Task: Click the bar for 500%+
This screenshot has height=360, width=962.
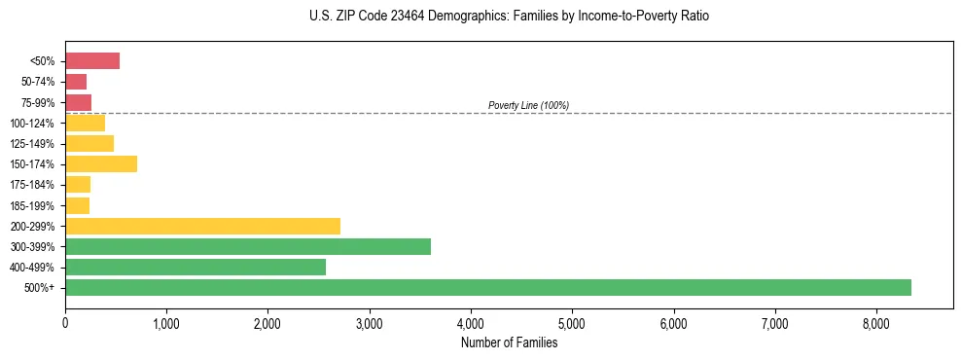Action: click(488, 287)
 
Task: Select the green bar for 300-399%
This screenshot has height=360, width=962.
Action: click(248, 246)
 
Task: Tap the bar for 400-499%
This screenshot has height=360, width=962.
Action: click(196, 267)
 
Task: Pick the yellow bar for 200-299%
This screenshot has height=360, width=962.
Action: click(202, 226)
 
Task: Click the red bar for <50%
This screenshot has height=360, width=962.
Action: click(92, 61)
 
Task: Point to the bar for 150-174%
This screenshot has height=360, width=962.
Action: click(101, 163)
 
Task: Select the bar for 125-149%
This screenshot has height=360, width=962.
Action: click(89, 143)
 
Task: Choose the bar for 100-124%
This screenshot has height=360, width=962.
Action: click(85, 123)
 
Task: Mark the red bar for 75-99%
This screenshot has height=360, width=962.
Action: click(78, 102)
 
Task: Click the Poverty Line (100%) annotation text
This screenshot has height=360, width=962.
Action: click(528, 105)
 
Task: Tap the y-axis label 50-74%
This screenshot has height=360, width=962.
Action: click(40, 82)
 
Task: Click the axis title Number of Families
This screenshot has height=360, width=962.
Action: click(509, 342)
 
